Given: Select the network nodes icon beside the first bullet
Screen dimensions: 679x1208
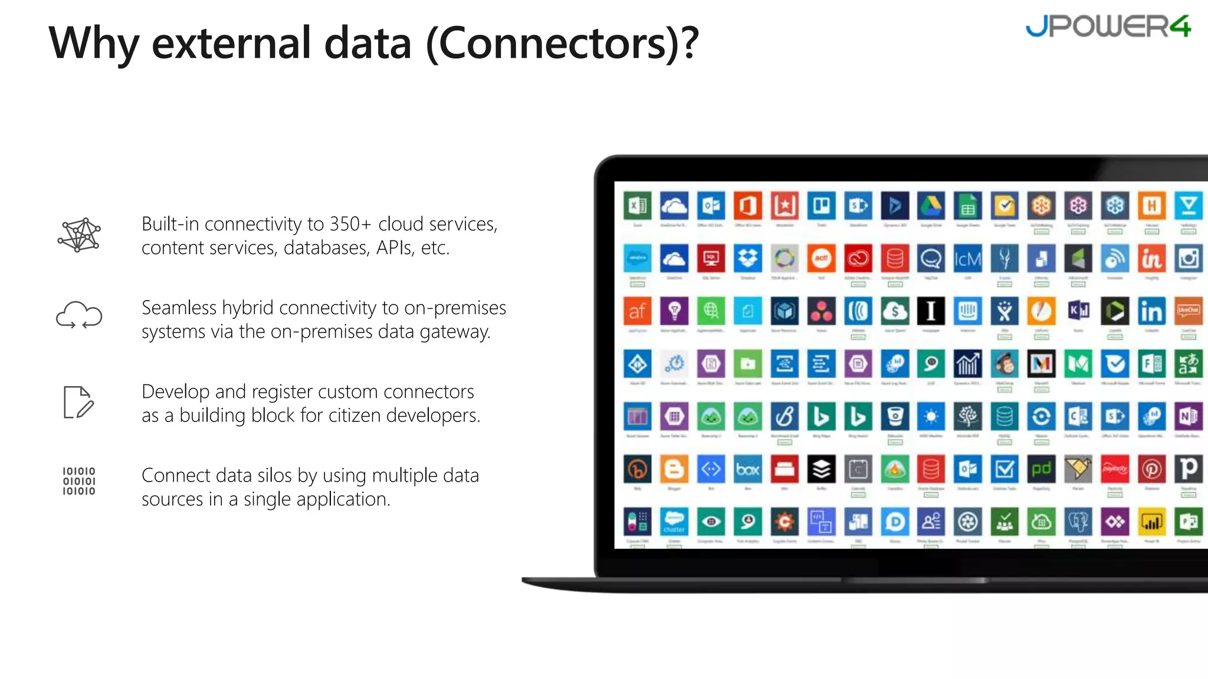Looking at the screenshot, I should click(x=79, y=235).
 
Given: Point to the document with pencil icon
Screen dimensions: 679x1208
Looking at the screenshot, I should click(x=78, y=403).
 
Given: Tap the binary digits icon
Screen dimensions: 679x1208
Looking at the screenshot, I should click(x=79, y=481).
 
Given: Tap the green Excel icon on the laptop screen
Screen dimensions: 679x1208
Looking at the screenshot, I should click(x=638, y=206).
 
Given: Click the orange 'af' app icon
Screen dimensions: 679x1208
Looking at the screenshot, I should click(x=638, y=311).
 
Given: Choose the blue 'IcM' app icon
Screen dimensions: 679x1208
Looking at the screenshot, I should click(x=968, y=258).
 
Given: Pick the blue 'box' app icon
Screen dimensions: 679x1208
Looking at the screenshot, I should click(x=748, y=469).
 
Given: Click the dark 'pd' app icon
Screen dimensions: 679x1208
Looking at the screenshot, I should click(x=1041, y=469).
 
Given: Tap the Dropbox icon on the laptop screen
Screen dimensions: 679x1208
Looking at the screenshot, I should click(x=748, y=258).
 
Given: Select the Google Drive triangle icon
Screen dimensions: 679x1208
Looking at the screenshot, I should click(x=931, y=206).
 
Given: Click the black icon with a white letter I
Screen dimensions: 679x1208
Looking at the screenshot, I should click(x=931, y=311).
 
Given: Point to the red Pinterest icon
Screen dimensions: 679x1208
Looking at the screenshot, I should click(x=1151, y=469).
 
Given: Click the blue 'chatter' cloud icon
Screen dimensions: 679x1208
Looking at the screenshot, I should click(x=674, y=522).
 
